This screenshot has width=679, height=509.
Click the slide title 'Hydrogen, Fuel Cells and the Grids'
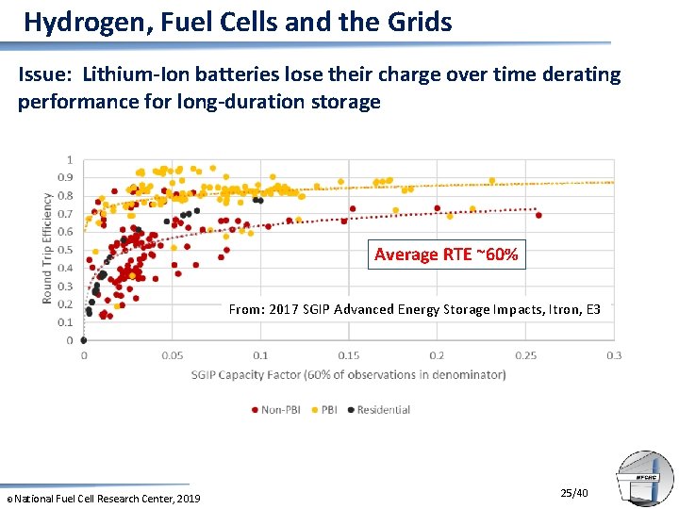(x=238, y=22)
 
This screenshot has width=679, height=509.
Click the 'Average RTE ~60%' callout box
(x=446, y=254)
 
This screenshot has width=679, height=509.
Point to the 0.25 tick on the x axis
(x=525, y=355)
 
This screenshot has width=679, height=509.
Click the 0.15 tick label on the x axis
(x=349, y=355)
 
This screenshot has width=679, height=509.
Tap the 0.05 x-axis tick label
(x=173, y=355)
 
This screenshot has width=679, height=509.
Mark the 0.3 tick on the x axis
(x=614, y=355)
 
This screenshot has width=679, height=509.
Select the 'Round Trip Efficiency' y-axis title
(x=47, y=248)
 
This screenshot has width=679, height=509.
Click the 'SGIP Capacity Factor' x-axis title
(x=349, y=374)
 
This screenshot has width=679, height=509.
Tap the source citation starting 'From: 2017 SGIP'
(x=415, y=309)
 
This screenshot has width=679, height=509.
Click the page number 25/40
(x=574, y=493)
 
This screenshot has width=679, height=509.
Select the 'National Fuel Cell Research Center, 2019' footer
(x=106, y=498)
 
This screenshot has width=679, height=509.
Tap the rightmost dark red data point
(x=538, y=215)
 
